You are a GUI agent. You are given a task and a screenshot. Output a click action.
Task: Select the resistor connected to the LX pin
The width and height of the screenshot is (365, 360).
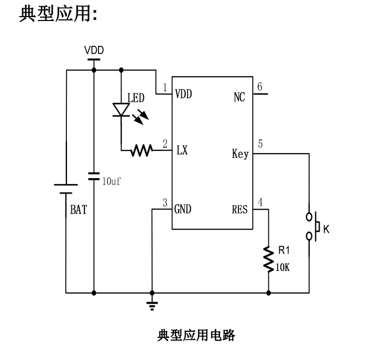(142, 150)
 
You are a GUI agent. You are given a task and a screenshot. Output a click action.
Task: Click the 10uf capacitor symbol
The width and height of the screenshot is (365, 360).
(93, 176)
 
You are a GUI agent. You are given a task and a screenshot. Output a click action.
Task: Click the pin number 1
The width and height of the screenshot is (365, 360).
(165, 87)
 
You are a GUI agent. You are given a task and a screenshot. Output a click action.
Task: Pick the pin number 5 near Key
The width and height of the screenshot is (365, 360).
(260, 144)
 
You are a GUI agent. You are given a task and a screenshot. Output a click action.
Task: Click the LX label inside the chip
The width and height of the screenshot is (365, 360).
(182, 150)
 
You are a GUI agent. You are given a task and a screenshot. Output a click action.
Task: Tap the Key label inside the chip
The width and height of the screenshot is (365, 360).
(240, 154)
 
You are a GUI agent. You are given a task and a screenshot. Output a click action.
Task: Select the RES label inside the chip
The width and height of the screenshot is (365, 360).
(240, 209)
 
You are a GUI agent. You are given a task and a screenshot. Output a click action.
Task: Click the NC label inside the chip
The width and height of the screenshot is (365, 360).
(239, 97)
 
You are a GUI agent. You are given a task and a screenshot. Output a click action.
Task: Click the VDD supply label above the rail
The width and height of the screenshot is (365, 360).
(93, 50)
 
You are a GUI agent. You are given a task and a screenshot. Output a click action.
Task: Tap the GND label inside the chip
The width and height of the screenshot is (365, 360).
(183, 209)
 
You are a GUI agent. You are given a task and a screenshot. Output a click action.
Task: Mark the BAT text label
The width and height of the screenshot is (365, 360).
(78, 210)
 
